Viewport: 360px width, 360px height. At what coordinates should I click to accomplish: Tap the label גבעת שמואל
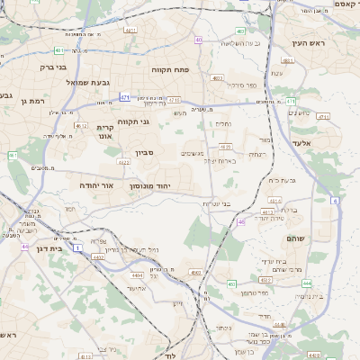click(87, 82)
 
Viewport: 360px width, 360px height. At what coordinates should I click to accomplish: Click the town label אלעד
click(302, 142)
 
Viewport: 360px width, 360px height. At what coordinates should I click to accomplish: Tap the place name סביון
click(145, 154)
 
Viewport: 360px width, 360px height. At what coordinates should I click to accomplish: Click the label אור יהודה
click(95, 184)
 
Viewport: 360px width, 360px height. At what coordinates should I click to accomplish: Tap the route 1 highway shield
click(78, 246)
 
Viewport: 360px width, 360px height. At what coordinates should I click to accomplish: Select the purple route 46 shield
click(241, 221)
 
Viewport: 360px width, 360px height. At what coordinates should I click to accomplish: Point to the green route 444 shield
click(307, 283)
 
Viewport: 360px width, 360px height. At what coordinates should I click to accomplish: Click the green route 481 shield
click(58, 50)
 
